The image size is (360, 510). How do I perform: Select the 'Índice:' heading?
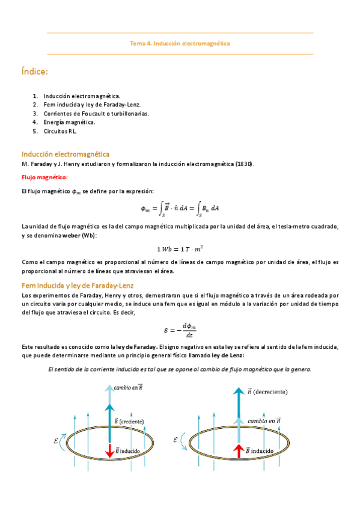[34, 72]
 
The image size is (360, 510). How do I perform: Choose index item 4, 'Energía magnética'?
[69, 122]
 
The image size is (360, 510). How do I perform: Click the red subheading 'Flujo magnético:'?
[44, 177]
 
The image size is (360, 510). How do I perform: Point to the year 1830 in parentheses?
[244, 164]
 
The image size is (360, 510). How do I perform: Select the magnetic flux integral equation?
[180, 208]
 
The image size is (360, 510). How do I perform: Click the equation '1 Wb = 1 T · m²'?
[180, 248]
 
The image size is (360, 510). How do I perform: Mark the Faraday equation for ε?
[180, 330]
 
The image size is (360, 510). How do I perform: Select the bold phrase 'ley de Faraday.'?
[139, 347]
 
